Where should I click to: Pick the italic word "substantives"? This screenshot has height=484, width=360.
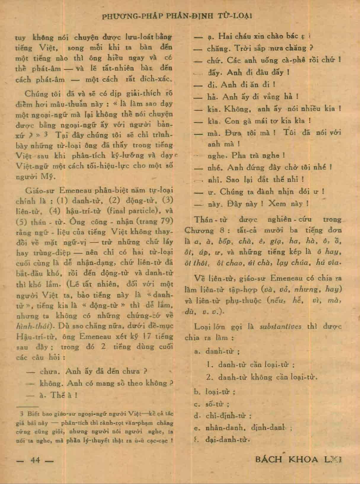point(280,327)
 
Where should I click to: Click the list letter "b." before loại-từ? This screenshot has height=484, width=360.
point(198,392)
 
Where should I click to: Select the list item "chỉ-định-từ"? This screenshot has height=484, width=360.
point(228,416)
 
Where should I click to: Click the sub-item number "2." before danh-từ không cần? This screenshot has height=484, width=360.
point(210,377)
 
